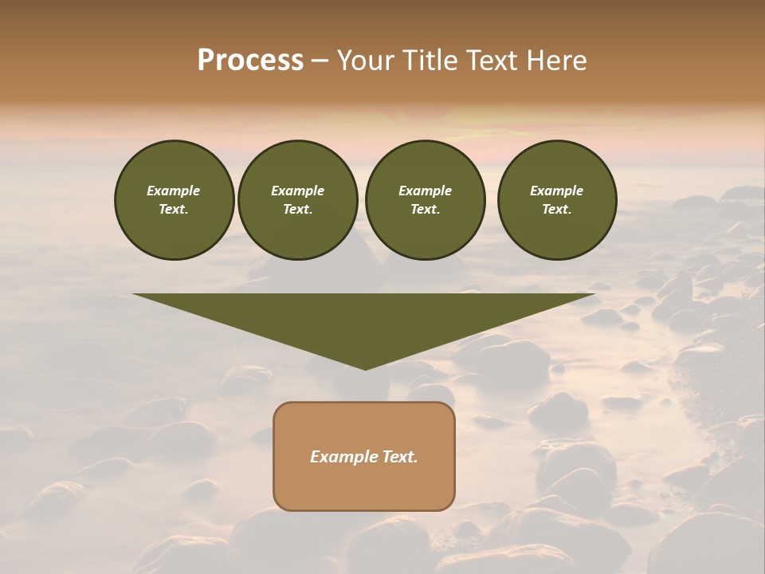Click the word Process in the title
250,61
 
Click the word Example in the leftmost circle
174,191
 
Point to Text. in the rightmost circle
557,210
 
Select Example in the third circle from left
425,191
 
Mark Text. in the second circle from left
298,210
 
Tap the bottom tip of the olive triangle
365,368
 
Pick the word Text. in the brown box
400,457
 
